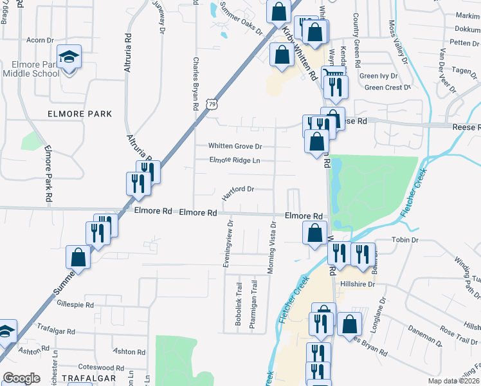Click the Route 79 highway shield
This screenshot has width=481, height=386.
(212, 103)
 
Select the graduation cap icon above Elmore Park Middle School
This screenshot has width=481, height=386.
(69, 58)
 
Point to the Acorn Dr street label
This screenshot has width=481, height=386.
(40, 40)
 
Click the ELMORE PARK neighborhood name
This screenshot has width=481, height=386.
(80, 114)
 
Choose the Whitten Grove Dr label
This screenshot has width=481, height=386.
(235, 146)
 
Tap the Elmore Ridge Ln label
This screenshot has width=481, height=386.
(235, 161)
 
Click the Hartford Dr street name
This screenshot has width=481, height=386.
(239, 189)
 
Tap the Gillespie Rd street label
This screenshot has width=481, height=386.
(75, 304)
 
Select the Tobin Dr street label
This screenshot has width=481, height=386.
(406, 240)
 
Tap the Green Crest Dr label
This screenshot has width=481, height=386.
(387, 87)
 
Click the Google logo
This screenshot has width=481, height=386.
(22, 378)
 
